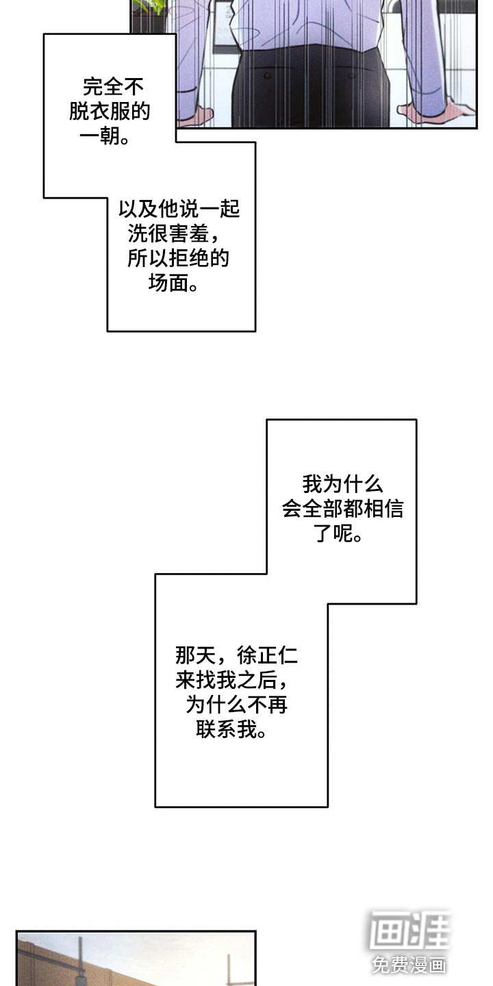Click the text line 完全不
[x=114, y=87]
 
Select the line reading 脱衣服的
[x=110, y=112]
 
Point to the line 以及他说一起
[x=179, y=209]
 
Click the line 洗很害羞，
[x=174, y=233]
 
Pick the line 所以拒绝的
[x=178, y=258]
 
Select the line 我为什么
[x=342, y=485]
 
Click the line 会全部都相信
[x=342, y=509]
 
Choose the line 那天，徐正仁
[x=236, y=656]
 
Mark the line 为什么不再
[x=236, y=705]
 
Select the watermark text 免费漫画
[x=409, y=965]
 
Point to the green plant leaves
[x=152, y=7]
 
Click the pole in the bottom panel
[x=80, y=962]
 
